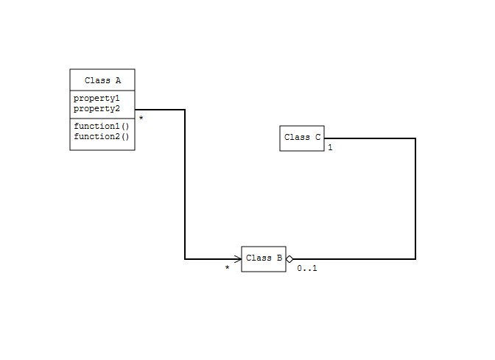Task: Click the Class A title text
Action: [x=102, y=80]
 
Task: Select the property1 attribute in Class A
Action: [x=96, y=99]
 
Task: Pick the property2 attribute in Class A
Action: [x=96, y=109]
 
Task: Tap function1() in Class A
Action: [x=102, y=126]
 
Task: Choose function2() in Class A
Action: [x=102, y=137]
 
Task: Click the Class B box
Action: [x=264, y=259]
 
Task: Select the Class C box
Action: [x=302, y=138]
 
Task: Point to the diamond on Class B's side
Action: [x=289, y=259]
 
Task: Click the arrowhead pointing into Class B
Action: [x=238, y=259]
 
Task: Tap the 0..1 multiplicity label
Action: [x=307, y=269]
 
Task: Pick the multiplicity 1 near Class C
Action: [x=330, y=147]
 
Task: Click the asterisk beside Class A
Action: [x=141, y=118]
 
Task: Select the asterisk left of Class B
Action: [x=228, y=267]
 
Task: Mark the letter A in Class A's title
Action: [x=118, y=80]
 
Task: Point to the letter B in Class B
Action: [x=279, y=258]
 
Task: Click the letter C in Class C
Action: [x=317, y=137]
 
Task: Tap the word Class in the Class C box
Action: [x=297, y=137]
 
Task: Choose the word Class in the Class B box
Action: [x=259, y=258]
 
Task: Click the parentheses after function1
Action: [x=125, y=126]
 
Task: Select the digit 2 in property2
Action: [x=117, y=108]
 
